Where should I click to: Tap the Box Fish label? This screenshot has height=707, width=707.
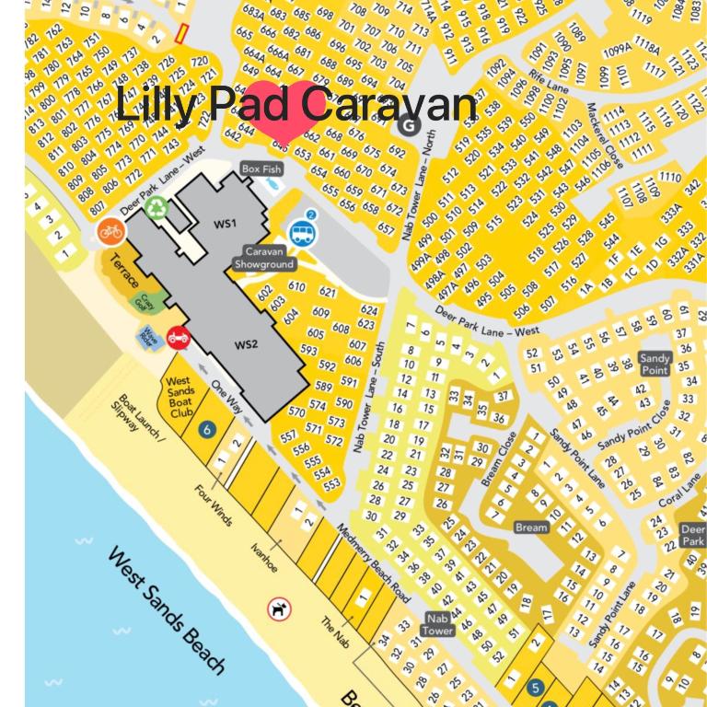point(259,169)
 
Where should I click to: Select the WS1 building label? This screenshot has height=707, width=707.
point(225,224)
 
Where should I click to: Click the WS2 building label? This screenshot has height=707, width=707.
point(246,345)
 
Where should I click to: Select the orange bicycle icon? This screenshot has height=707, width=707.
point(110,231)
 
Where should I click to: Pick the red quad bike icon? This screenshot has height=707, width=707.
point(178,337)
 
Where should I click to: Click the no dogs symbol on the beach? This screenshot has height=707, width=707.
point(277,608)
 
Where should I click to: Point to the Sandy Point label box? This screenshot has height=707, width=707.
point(655,364)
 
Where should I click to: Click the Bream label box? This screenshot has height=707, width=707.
point(531,527)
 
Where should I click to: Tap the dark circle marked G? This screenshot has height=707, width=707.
point(409,126)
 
